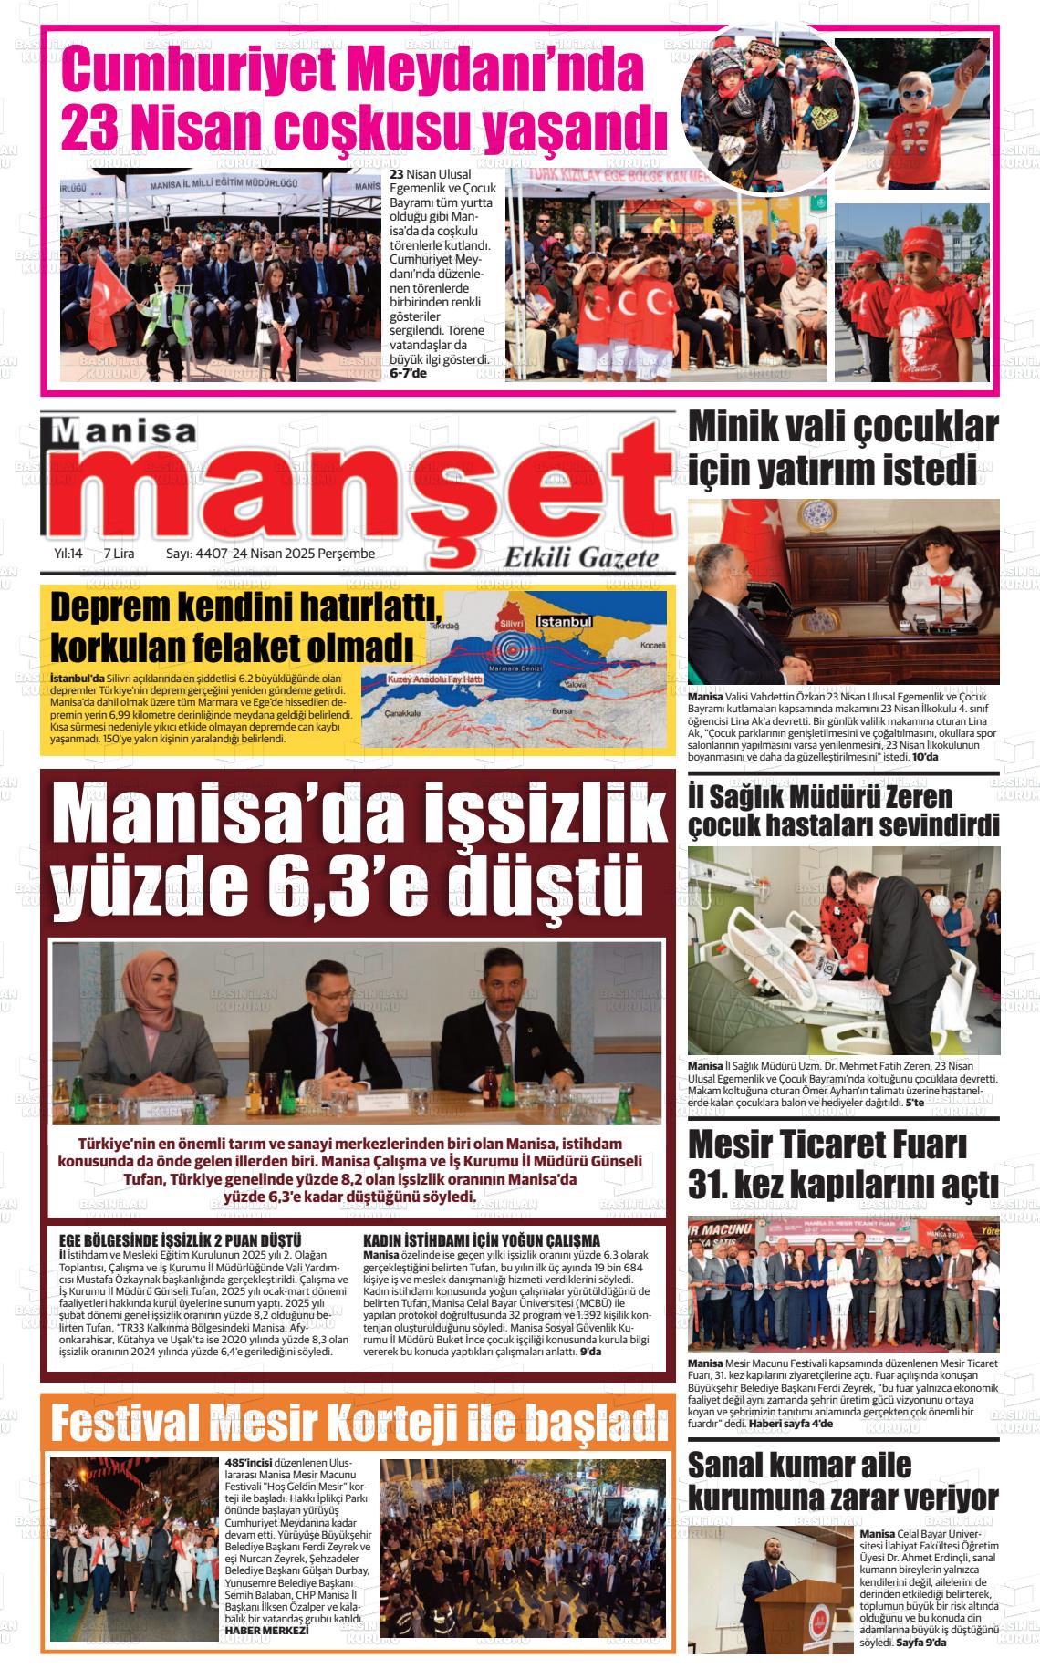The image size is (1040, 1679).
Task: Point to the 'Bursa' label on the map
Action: pos(562,710)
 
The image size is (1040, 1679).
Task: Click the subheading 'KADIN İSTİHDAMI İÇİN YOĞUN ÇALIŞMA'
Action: pos(481,1240)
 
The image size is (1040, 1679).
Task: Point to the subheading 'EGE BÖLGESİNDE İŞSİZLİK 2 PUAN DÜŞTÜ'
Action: pos(180,1240)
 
